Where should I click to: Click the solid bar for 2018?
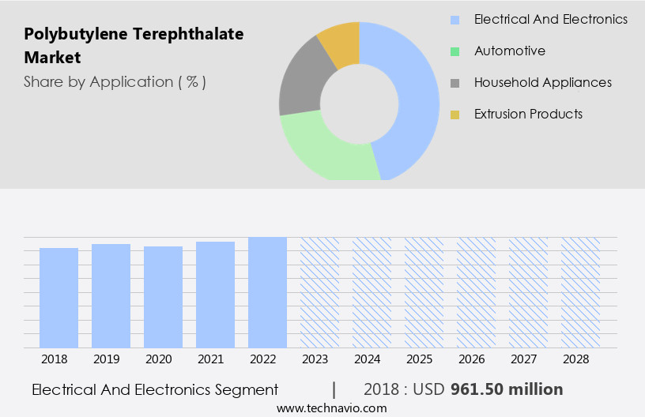(58, 298)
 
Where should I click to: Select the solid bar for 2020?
(163, 297)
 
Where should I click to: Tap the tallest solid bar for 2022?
(267, 292)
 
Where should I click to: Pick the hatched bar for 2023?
(319, 292)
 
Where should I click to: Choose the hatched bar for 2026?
(476, 292)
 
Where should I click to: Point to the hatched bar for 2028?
(580, 292)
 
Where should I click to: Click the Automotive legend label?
(509, 51)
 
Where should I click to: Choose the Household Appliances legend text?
(542, 82)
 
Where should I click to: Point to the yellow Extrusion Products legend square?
(455, 115)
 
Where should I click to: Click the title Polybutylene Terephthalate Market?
(134, 46)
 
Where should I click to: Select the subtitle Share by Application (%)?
(115, 81)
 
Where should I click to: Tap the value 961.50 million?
(506, 389)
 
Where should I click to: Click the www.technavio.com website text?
(332, 408)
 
